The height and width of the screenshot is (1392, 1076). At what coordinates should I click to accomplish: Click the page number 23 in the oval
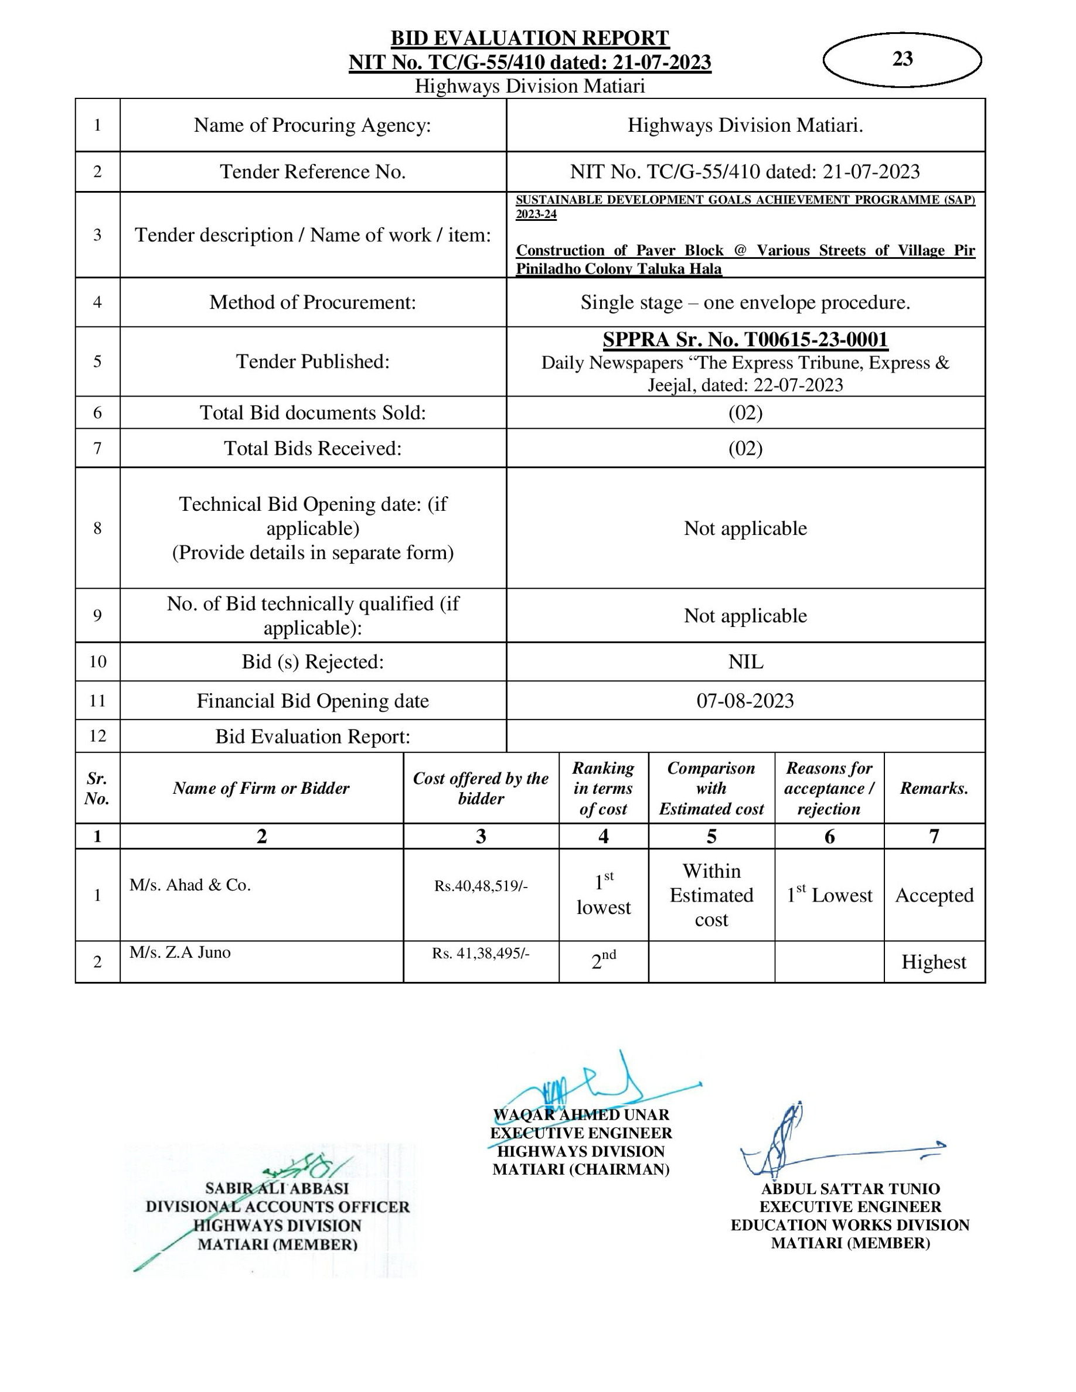(902, 59)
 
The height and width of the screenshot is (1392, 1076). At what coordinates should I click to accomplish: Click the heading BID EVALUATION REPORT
(530, 38)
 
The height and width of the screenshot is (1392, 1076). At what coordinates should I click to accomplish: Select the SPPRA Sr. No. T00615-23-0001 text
(745, 340)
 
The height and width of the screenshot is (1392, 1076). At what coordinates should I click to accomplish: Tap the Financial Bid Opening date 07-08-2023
(745, 701)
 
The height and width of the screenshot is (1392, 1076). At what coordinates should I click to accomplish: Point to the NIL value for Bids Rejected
(745, 661)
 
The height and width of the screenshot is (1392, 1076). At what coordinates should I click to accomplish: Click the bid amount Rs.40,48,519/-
(481, 886)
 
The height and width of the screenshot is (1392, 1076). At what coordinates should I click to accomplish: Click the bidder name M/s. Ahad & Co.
(190, 885)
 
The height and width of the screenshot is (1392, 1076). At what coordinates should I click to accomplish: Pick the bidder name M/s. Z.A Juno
(180, 952)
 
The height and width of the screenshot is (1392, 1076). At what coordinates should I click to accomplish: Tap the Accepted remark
(934, 895)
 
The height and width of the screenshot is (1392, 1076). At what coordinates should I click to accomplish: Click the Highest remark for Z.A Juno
(933, 962)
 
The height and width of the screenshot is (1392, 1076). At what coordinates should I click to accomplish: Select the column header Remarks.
(934, 789)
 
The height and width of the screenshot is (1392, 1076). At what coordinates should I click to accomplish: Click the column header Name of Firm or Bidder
(261, 789)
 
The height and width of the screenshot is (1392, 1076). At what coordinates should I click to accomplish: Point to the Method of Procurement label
(312, 302)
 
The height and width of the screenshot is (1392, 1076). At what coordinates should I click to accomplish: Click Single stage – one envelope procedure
(745, 302)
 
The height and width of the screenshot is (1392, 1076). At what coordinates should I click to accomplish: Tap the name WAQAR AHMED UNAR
(581, 1115)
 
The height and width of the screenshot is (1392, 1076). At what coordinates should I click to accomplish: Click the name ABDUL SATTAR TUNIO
(850, 1189)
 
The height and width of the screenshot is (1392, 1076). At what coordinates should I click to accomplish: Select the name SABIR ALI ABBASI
(277, 1188)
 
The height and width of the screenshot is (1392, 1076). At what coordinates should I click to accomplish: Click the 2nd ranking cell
(603, 960)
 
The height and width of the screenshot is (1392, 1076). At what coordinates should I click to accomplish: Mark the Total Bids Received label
(312, 448)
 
